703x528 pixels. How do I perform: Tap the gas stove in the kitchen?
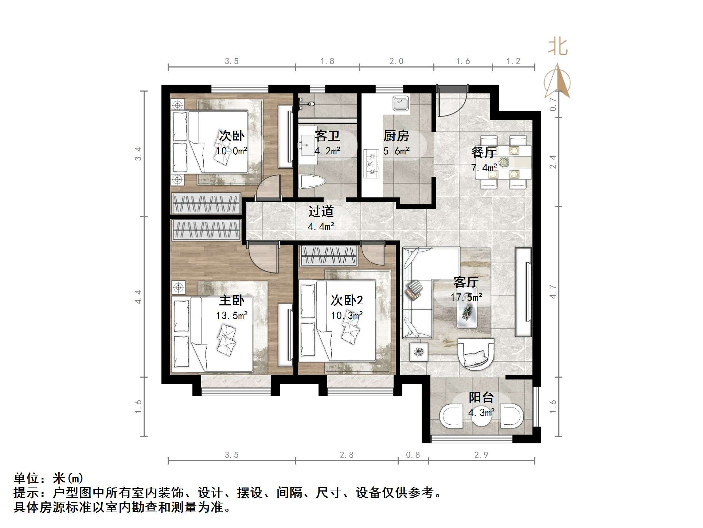coord(372,164)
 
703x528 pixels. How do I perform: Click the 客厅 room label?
coord(466,282)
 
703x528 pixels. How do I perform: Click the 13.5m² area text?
coord(232,316)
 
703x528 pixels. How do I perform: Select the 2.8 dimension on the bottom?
coord(347,455)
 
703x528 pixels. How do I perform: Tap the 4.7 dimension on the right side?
coord(553,292)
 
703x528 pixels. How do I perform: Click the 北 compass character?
coord(558,47)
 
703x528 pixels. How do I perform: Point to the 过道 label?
coord(321,212)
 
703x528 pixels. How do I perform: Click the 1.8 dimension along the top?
coord(327,61)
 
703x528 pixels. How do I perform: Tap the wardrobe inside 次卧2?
coord(329,255)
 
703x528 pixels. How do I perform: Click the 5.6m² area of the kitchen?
coord(397,151)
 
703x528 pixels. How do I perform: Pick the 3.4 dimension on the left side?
coord(138,154)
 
